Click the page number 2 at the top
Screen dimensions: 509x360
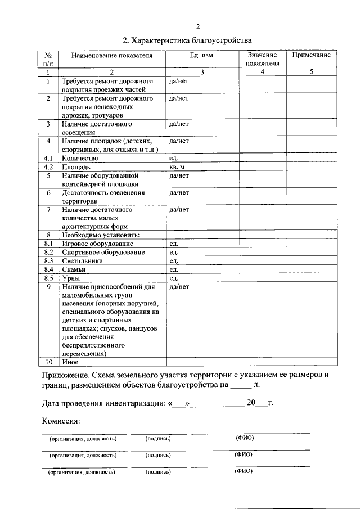[197, 26]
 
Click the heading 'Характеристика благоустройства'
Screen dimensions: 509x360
[188, 40]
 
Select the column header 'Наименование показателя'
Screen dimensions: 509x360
[111, 56]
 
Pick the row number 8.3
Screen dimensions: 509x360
[48, 260]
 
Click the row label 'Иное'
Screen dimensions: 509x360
[70, 363]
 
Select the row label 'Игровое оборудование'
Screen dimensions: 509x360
[98, 244]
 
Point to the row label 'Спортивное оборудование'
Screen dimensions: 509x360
[104, 252]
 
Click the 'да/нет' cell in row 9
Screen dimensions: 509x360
[179, 287]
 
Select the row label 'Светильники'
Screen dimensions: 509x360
[83, 260]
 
